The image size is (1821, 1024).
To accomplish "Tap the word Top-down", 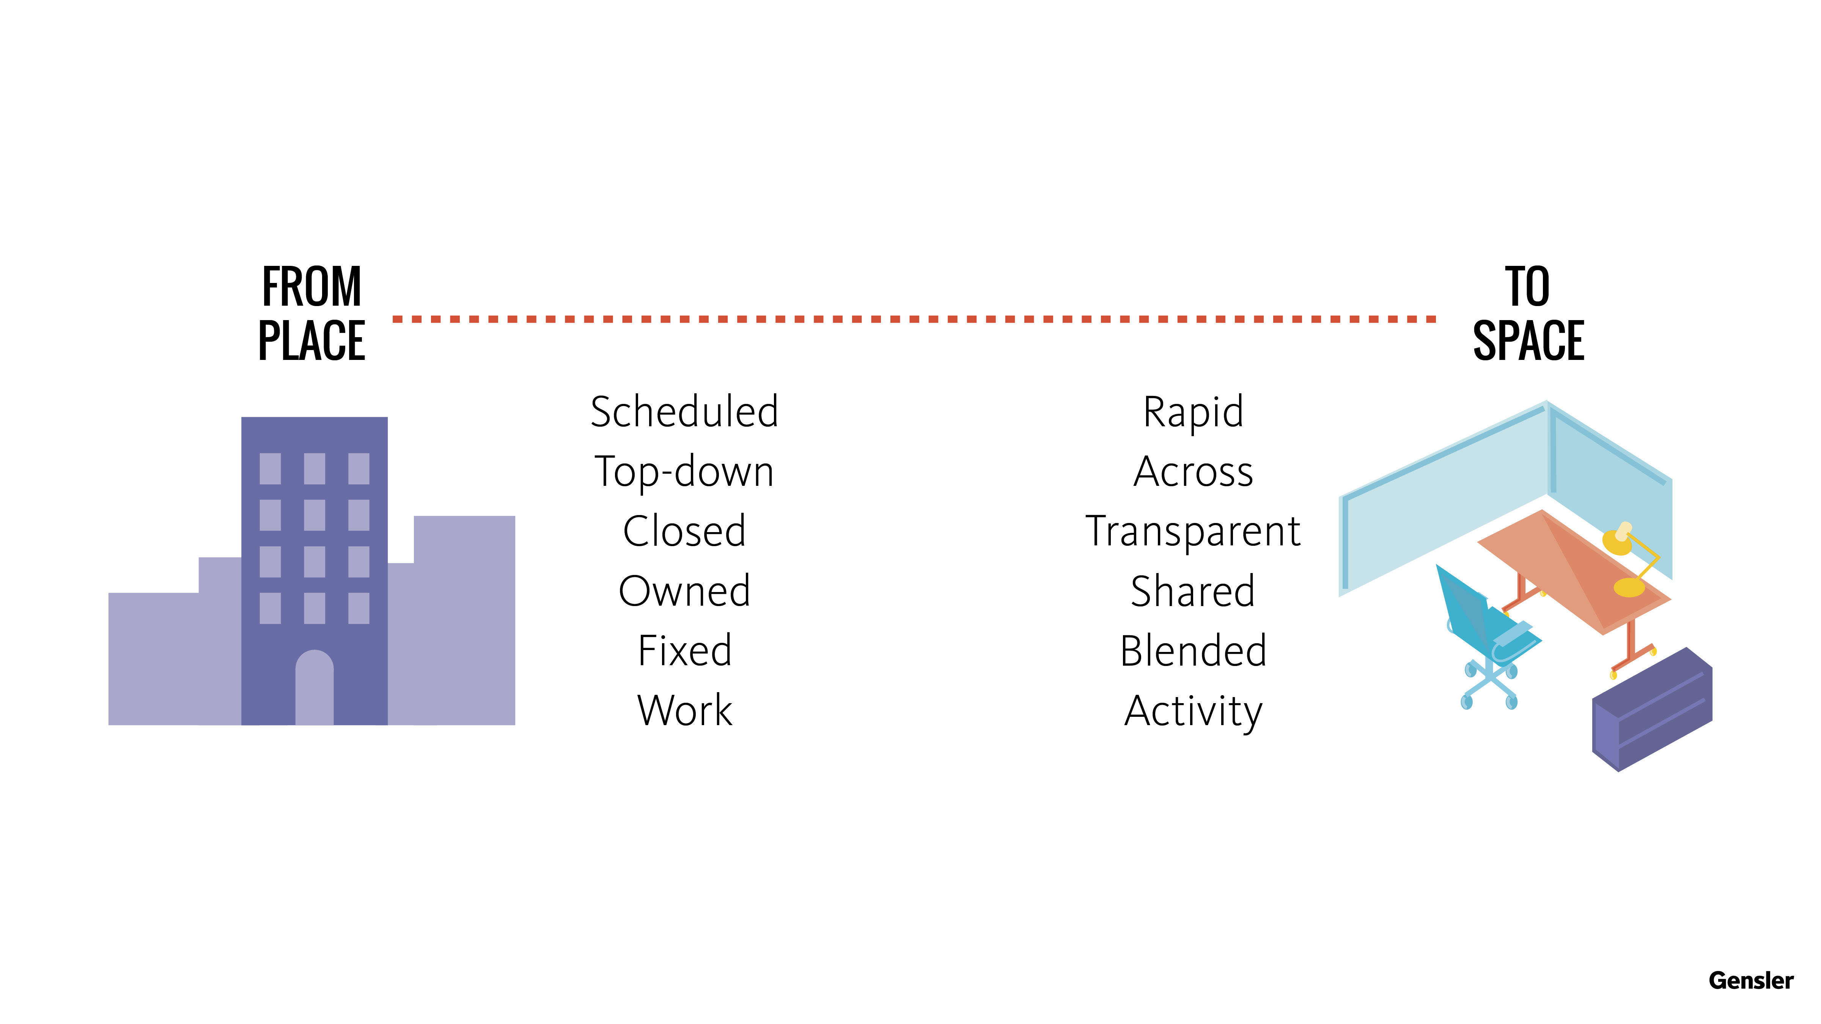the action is tap(684, 472).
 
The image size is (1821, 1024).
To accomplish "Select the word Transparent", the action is tap(1193, 532).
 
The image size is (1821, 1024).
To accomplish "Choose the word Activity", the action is tap(1193, 712).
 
